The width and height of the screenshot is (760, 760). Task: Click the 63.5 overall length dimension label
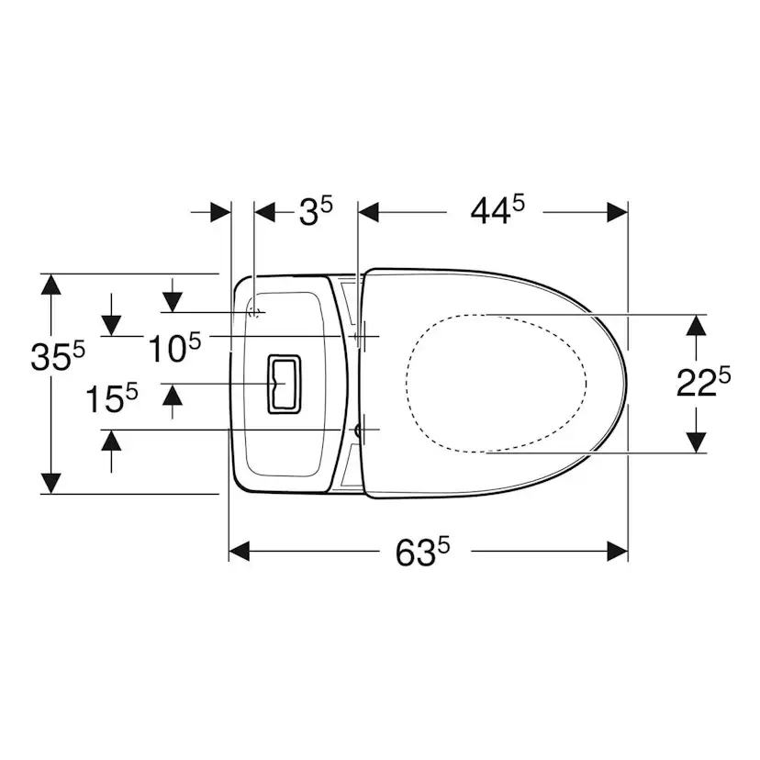[x=422, y=552]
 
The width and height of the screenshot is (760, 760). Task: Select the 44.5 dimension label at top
[x=497, y=210]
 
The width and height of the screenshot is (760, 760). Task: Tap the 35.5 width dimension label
[x=58, y=356]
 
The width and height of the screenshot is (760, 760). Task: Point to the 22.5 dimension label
[x=703, y=382]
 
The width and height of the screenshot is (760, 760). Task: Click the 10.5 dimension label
[x=174, y=347]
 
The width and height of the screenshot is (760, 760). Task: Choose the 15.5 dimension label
[x=111, y=397]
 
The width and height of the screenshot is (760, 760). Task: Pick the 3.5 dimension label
[x=316, y=211]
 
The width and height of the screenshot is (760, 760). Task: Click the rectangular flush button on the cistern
[x=284, y=384]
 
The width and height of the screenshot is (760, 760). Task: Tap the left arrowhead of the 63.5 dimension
[x=239, y=551]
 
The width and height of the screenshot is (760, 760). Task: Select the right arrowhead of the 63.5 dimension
[x=618, y=551]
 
